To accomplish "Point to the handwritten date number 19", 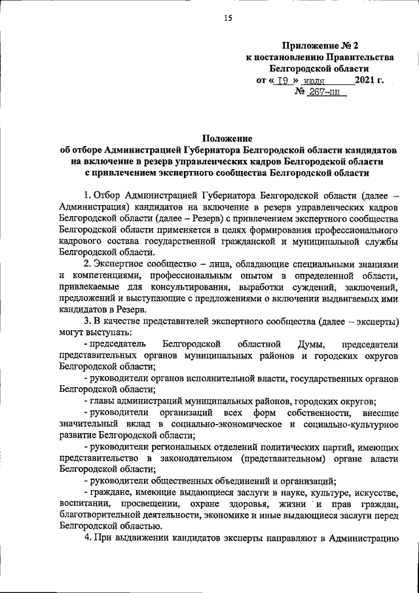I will [x=283, y=81].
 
